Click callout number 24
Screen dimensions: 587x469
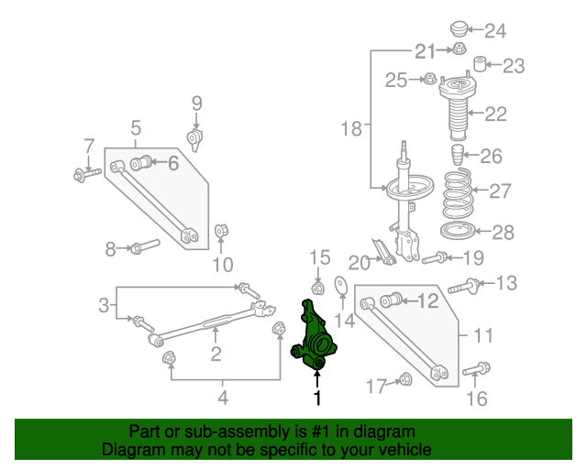(495, 30)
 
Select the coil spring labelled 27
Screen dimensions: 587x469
(457, 193)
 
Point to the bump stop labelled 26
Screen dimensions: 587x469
(458, 155)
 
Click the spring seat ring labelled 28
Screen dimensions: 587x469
(458, 231)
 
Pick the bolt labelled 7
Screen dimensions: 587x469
(87, 175)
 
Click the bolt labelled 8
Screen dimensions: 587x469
(145, 246)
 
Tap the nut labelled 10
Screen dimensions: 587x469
(221, 231)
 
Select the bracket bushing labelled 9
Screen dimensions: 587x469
(194, 139)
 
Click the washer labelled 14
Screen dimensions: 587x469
(340, 286)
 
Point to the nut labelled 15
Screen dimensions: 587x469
(318, 289)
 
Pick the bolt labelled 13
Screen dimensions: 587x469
(463, 287)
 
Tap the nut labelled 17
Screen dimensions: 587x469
(404, 379)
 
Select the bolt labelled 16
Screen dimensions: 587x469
(476, 369)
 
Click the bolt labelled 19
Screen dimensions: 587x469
(435, 257)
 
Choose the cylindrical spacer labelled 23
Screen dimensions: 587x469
(480, 63)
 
